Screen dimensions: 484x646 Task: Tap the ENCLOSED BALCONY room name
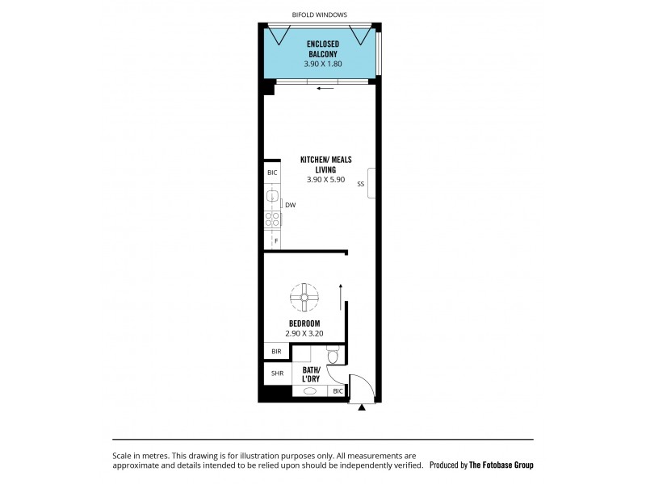[322, 48]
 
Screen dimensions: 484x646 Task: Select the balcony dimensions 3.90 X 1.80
[322, 62]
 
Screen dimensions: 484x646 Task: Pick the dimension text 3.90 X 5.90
[325, 180]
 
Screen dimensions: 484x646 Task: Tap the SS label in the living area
[360, 183]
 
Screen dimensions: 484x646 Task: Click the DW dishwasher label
[291, 205]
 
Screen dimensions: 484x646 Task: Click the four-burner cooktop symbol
[272, 219]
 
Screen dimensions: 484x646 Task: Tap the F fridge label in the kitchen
[275, 240]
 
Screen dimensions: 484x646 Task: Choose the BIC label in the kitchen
[272, 173]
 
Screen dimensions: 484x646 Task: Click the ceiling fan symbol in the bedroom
[305, 298]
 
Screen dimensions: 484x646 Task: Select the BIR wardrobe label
[276, 352]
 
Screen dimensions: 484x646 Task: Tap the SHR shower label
[276, 373]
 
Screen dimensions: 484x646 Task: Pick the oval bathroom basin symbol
[309, 391]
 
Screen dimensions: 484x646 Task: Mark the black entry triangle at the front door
[362, 408]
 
